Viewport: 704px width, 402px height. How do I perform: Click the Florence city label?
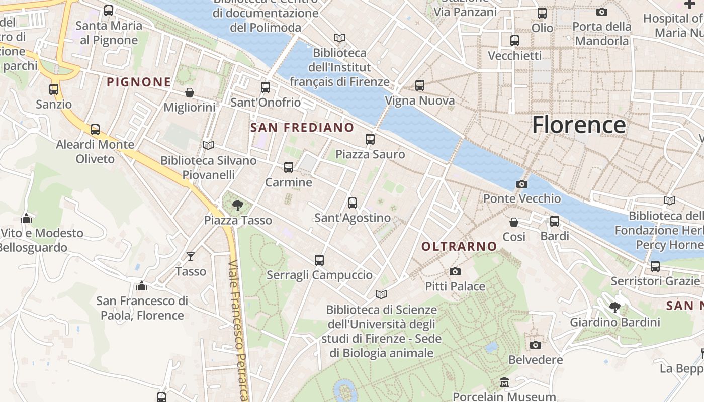tap(579, 125)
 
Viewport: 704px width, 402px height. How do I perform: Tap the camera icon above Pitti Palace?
tap(455, 272)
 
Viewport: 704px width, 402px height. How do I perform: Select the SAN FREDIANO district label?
tap(302, 128)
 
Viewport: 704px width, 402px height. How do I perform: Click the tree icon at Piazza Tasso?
tap(238, 205)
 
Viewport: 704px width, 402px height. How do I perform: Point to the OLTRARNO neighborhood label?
tap(459, 247)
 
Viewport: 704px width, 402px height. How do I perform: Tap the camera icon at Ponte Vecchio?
tap(522, 184)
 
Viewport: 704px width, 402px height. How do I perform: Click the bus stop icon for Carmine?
tap(289, 167)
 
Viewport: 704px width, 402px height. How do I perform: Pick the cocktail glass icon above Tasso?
tap(191, 257)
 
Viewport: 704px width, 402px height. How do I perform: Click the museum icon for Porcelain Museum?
tap(504, 383)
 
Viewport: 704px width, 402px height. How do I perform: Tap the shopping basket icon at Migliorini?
tap(190, 92)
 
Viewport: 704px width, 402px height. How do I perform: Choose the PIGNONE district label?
tap(139, 82)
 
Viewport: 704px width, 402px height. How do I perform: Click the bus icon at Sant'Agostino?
tap(353, 203)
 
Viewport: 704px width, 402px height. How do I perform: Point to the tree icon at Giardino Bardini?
tap(614, 307)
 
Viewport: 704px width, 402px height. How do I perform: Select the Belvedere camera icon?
tap(536, 345)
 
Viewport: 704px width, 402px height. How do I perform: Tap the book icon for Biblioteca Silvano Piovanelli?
tap(208, 146)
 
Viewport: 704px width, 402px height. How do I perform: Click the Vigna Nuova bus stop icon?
tap(420, 86)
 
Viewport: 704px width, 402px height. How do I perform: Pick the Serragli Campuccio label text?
tap(319, 275)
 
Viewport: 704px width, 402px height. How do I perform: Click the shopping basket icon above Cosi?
tap(514, 222)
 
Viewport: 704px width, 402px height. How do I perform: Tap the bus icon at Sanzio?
tap(54, 89)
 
